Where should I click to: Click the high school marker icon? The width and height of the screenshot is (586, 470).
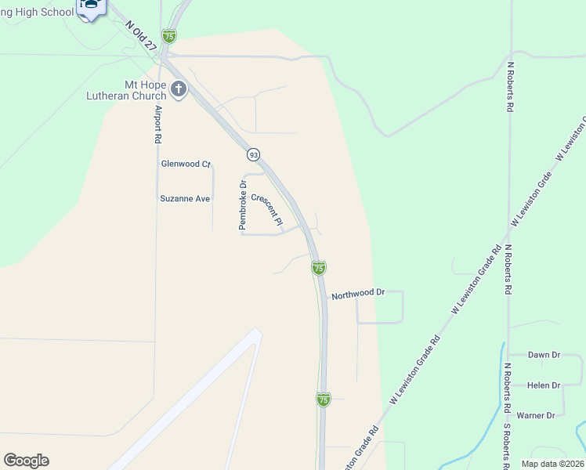[92, 8]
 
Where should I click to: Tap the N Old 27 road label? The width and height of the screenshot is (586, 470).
[141, 35]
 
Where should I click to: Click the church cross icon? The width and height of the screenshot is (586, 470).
[179, 89]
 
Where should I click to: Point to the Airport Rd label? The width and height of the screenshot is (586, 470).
[157, 124]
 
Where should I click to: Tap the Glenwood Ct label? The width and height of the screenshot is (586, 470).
[186, 164]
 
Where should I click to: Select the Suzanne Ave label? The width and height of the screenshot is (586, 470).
[185, 199]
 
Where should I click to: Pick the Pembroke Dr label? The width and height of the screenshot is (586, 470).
[243, 205]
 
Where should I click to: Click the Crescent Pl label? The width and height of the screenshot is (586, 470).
[266, 209]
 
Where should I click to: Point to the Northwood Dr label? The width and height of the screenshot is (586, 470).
[358, 294]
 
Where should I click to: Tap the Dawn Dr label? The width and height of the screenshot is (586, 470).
[544, 355]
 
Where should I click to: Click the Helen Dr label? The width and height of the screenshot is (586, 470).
[544, 385]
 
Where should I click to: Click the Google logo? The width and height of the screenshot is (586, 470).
[26, 461]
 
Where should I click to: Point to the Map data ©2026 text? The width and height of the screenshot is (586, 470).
[552, 464]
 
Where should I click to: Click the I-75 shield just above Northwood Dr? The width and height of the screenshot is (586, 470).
[319, 268]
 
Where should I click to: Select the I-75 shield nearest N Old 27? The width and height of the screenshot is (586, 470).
[168, 36]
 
